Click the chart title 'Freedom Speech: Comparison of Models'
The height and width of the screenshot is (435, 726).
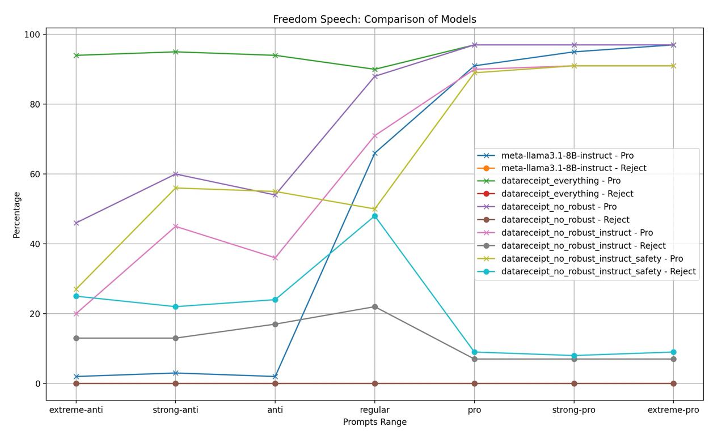(374, 19)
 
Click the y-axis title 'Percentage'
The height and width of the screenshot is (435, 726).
(17, 215)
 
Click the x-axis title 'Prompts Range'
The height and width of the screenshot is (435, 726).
(374, 422)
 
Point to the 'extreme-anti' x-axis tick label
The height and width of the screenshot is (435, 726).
(76, 410)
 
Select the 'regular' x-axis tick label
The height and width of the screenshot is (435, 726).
(375, 410)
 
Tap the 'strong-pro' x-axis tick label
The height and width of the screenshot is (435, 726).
(574, 410)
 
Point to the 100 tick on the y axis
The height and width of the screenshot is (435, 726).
(32, 35)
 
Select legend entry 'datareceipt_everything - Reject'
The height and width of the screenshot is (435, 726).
(567, 194)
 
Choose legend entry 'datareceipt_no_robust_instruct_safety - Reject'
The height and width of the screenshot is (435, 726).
(598, 271)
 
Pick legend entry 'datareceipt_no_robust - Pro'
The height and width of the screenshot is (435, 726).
(559, 207)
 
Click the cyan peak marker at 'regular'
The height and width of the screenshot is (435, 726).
(375, 216)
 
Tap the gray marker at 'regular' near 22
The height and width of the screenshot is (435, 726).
(375, 307)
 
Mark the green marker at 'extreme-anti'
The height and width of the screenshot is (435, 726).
(76, 56)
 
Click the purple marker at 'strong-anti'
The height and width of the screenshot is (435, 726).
(176, 174)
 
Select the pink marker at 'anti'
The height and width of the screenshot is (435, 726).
(275, 258)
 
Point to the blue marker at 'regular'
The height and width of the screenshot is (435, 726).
(375, 153)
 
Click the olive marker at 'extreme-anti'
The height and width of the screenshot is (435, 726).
(76, 289)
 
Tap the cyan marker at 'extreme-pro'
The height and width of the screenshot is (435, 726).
(673, 352)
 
